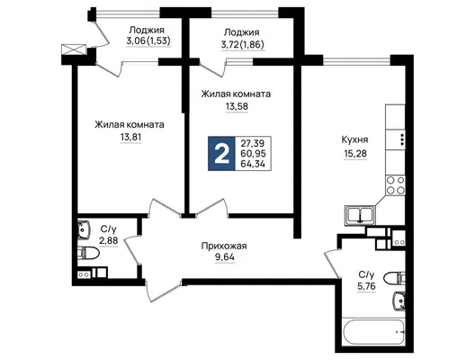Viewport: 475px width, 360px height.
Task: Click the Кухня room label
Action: (x=354, y=140)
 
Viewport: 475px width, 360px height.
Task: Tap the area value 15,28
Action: (x=355, y=154)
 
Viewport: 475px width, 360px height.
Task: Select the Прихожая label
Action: (x=224, y=246)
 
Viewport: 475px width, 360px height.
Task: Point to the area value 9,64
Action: (x=225, y=258)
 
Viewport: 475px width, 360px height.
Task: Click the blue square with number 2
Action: (x=221, y=154)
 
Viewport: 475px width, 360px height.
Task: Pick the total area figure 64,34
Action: (x=253, y=164)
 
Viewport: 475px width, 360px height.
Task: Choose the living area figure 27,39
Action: (x=252, y=143)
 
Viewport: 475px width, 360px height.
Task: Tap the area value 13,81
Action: (x=130, y=138)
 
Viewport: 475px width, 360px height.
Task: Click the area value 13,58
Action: (x=237, y=107)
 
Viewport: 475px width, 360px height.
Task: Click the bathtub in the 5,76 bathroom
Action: (x=373, y=331)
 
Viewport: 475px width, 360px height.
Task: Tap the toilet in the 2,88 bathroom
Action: (x=88, y=253)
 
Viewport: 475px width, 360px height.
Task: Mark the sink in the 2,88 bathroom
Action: (x=84, y=230)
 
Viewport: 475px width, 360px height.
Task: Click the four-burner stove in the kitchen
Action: (x=395, y=185)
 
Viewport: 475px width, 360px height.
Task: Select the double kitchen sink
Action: (x=360, y=215)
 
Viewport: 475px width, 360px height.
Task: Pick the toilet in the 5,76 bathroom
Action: (x=394, y=278)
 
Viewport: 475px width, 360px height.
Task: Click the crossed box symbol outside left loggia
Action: (x=74, y=49)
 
